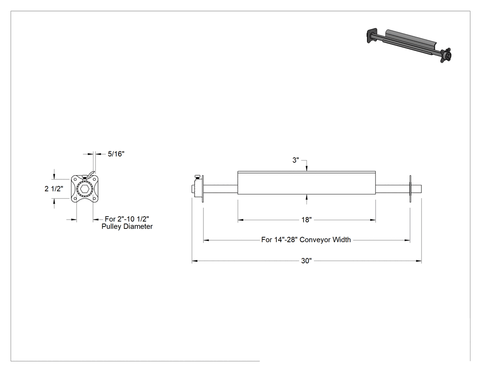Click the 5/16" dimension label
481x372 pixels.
point(116,154)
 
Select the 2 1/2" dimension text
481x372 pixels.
point(54,189)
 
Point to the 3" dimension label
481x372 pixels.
point(295,160)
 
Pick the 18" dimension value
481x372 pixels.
point(306,220)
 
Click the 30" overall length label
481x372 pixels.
point(306,261)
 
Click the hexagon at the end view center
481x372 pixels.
point(85,189)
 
